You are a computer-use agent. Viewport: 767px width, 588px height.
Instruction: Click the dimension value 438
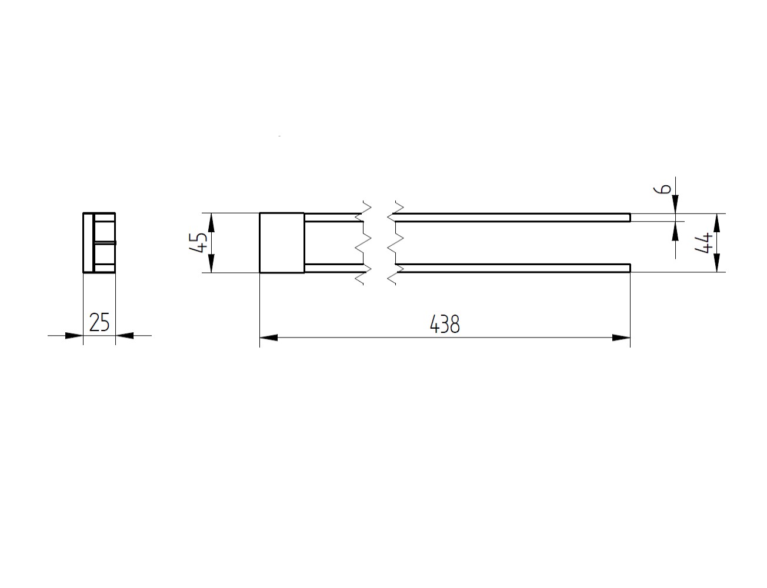[x=445, y=324]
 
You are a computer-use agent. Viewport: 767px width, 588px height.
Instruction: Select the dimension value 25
[x=99, y=322]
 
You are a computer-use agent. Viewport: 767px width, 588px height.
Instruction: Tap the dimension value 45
[x=199, y=242]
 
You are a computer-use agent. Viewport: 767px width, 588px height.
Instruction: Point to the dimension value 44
[x=705, y=242]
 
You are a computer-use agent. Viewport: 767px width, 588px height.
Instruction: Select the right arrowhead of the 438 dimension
[x=621, y=338]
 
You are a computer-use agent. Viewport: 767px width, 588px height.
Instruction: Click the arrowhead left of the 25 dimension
[x=74, y=335]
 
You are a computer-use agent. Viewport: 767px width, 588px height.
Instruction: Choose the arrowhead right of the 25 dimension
[x=125, y=335]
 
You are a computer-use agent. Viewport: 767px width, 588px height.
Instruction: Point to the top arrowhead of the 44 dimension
[x=716, y=222]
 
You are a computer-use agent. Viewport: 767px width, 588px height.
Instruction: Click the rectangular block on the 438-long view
[x=282, y=242]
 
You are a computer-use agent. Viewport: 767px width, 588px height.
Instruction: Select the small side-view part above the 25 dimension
[x=99, y=242]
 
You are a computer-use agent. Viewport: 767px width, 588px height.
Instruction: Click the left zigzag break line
[x=363, y=242]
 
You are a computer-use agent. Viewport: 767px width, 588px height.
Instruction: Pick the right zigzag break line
[x=395, y=242]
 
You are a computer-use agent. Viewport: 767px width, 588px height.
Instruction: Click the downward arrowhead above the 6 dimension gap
[x=675, y=204]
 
